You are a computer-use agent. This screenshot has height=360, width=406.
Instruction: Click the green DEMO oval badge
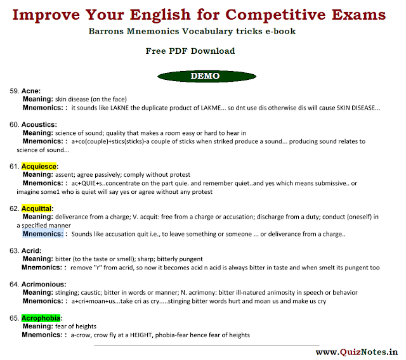tap(207, 76)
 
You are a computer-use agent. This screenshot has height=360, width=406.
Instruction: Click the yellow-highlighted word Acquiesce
tap(39, 166)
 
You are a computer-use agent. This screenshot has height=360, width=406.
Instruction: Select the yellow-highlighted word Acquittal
tap(37, 209)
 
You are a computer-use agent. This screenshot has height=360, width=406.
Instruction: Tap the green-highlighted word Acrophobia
tap(41, 318)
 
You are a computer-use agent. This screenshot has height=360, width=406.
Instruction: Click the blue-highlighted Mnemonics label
tap(43, 234)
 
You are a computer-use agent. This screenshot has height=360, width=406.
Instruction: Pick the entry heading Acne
tap(31, 91)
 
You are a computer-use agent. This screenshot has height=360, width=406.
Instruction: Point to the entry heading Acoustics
tap(39, 125)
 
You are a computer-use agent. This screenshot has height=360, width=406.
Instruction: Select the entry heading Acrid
tap(31, 251)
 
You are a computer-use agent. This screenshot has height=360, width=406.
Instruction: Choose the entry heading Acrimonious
tap(44, 285)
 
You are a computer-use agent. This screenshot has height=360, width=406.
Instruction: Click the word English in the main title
tap(160, 15)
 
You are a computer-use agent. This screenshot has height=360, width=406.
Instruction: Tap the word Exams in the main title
tap(358, 15)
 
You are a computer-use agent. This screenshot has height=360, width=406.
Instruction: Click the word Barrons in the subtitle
tap(106, 31)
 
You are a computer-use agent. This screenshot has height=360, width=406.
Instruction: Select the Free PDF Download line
tap(190, 51)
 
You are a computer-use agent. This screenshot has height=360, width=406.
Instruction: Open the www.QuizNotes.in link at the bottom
tap(357, 352)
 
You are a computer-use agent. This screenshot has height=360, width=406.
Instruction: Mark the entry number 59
tap(14, 91)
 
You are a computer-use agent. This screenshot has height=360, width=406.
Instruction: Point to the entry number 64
tap(14, 285)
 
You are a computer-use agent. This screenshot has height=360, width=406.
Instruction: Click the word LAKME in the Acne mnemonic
tap(211, 108)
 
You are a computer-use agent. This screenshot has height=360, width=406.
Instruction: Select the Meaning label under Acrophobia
tap(38, 326)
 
